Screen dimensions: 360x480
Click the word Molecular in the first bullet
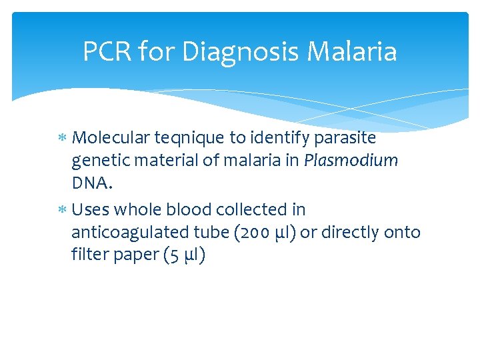(x=110, y=138)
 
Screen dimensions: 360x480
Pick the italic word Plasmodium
(x=360, y=161)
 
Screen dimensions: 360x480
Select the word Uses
(x=91, y=209)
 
